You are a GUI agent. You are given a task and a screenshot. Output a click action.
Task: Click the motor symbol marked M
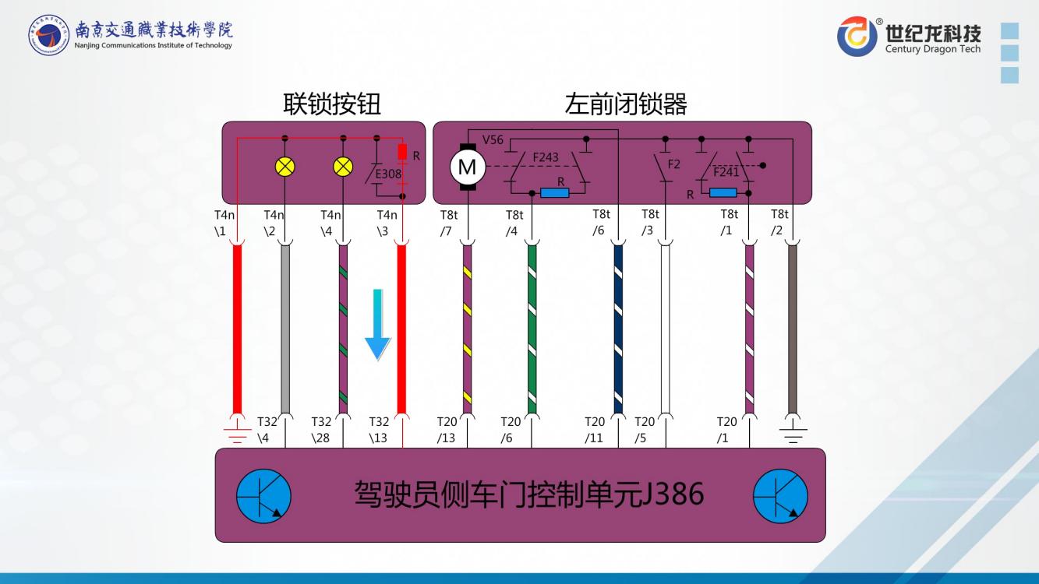[x=467, y=167]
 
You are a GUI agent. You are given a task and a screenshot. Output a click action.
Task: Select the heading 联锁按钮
[x=332, y=104]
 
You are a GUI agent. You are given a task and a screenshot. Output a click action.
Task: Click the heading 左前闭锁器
[x=625, y=104]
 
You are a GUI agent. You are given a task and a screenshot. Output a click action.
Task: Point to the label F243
[x=546, y=157]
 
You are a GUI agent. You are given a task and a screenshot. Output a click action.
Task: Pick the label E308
[x=387, y=174]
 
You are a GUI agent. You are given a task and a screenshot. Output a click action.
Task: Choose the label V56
[x=493, y=140]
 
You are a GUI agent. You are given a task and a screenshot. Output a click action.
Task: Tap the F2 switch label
[x=674, y=164]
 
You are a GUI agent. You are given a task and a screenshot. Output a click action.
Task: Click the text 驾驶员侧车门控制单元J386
[x=529, y=494]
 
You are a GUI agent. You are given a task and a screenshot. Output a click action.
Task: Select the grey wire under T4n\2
[x=285, y=327]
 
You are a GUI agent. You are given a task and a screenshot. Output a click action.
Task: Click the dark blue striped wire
[x=618, y=327]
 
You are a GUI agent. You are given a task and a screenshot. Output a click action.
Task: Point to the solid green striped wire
[x=532, y=327]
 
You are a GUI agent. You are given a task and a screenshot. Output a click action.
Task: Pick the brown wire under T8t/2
[x=793, y=327]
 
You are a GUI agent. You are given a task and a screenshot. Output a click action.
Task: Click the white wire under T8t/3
[x=665, y=327]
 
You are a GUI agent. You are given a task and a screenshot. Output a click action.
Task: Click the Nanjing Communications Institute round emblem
[x=48, y=35]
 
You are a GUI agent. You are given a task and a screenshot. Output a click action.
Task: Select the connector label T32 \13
[x=379, y=430]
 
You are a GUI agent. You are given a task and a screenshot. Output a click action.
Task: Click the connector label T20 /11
[x=595, y=430]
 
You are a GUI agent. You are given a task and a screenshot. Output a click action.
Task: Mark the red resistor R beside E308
[x=403, y=151]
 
